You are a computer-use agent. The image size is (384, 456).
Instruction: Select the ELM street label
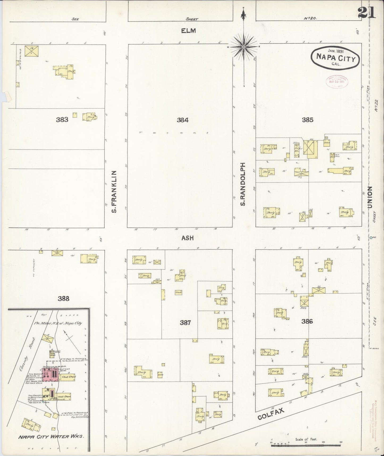(x=188, y=31)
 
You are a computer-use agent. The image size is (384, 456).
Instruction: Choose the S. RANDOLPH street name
(x=242, y=184)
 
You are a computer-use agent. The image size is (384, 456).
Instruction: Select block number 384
(x=183, y=120)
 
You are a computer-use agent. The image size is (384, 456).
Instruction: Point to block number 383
(x=62, y=120)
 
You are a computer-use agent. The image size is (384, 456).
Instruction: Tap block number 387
(x=185, y=323)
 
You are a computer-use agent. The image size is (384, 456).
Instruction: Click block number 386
(x=307, y=321)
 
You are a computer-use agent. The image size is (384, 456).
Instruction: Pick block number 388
(x=64, y=299)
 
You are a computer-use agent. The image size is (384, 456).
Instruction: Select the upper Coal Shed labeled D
(x=69, y=377)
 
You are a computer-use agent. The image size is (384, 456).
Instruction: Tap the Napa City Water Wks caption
(x=51, y=436)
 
